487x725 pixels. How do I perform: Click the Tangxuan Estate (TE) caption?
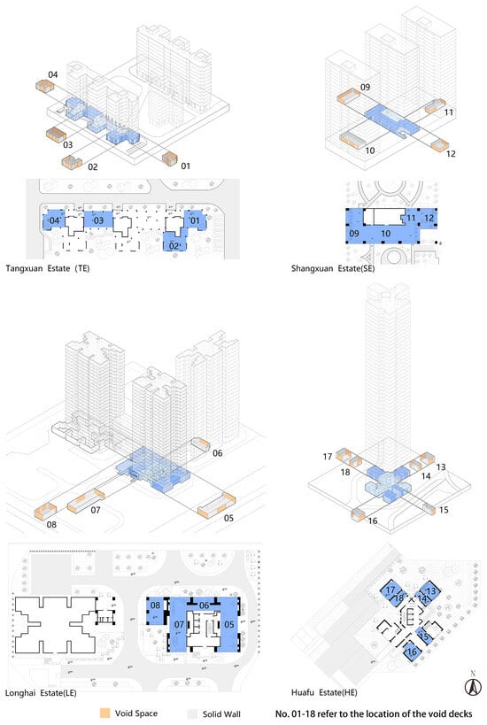[x=47, y=268]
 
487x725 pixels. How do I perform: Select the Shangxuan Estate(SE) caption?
[x=333, y=268]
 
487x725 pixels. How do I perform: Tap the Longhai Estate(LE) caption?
[x=41, y=692]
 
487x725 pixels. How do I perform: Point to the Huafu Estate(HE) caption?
[x=324, y=692]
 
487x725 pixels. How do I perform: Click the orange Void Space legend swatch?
[x=105, y=713]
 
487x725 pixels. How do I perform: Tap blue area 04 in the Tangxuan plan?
[x=53, y=220]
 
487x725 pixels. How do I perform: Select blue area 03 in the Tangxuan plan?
[x=98, y=220]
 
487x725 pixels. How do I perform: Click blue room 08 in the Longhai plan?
[x=155, y=611]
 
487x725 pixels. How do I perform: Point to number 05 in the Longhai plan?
[x=228, y=625]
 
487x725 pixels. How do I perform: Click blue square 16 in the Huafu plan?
[x=411, y=652]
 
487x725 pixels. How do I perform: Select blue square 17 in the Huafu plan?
[x=390, y=590]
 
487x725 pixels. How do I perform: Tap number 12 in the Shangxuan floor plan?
[x=429, y=218]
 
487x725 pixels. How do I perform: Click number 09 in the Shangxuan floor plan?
[x=354, y=234]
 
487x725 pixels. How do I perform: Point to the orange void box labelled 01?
[x=170, y=158]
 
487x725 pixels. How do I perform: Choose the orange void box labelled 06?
[x=200, y=443]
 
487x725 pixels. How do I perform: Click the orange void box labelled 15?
[x=429, y=508]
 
